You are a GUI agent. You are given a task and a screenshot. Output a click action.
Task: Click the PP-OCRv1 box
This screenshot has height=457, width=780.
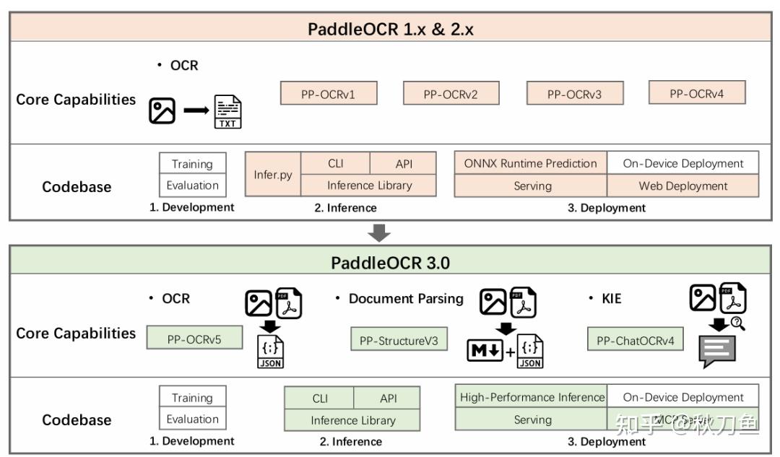click(328, 93)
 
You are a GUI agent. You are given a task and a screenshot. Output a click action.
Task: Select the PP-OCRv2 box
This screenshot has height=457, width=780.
click(451, 93)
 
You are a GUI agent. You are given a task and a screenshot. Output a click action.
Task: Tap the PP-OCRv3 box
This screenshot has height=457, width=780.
click(574, 93)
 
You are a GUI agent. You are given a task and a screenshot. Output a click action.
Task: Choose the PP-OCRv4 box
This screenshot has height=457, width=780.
click(697, 92)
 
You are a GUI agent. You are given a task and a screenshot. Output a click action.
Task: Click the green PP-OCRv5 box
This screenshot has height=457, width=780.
click(194, 338)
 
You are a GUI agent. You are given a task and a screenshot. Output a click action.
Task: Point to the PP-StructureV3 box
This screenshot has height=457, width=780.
click(399, 340)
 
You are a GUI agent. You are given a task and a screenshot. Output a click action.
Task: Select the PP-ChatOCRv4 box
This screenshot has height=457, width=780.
click(635, 340)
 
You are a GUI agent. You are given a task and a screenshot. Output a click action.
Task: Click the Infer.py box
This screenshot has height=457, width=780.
click(273, 174)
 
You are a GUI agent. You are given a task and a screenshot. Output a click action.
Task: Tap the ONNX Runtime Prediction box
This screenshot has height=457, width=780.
click(530, 163)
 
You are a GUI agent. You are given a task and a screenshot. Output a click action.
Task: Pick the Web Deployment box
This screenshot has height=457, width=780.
click(682, 186)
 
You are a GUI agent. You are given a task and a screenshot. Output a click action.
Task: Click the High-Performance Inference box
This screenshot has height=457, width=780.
click(532, 397)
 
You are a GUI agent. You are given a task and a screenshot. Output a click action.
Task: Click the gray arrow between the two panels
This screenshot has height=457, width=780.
click(379, 232)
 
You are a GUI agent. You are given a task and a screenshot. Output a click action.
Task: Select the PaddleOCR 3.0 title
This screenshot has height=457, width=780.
click(390, 263)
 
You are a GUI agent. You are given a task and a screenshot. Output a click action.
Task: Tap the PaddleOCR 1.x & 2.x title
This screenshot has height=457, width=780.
click(390, 29)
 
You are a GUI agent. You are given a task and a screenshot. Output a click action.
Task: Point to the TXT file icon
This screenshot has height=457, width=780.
click(227, 112)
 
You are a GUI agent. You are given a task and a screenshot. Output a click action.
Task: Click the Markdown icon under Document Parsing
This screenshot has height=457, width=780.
click(485, 352)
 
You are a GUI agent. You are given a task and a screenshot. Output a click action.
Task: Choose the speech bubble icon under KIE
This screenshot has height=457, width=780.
click(716, 352)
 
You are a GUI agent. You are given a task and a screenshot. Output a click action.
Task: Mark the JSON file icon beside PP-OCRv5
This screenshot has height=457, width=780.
click(269, 351)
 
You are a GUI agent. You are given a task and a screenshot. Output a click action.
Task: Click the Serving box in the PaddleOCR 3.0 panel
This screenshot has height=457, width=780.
click(532, 419)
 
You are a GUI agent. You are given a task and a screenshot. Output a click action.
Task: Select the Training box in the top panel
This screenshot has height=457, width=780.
click(192, 163)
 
